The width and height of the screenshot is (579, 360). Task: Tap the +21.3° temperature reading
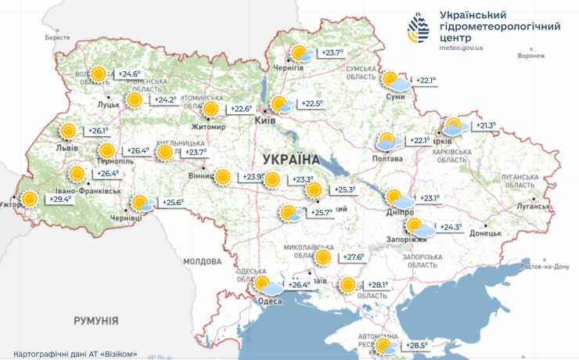(486, 125)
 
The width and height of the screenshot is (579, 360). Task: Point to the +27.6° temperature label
(354, 257)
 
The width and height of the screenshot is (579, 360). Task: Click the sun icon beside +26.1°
(68, 131)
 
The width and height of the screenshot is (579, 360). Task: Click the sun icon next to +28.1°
(347, 285)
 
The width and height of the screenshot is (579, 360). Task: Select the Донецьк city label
(486, 233)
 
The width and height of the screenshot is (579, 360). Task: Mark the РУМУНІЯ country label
(96, 321)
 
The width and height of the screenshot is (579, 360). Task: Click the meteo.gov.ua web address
(461, 48)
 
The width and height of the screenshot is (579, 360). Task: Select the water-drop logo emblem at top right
(419, 29)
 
